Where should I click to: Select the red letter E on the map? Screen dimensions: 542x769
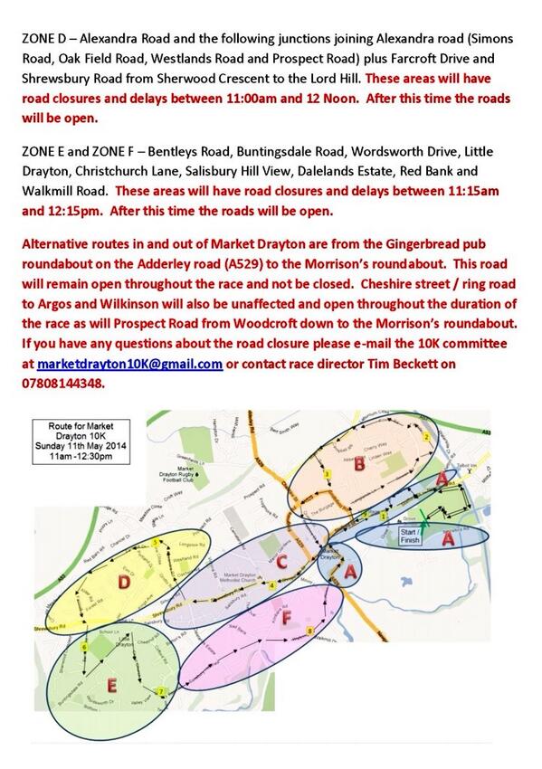pos(110,686)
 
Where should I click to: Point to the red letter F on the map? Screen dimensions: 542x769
pos(287,620)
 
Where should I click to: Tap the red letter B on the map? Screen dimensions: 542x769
pos(358,465)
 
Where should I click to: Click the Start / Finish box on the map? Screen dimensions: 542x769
pos(412,536)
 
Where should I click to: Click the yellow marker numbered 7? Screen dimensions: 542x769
pos(161,692)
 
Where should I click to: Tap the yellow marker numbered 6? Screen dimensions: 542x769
pos(85,649)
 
